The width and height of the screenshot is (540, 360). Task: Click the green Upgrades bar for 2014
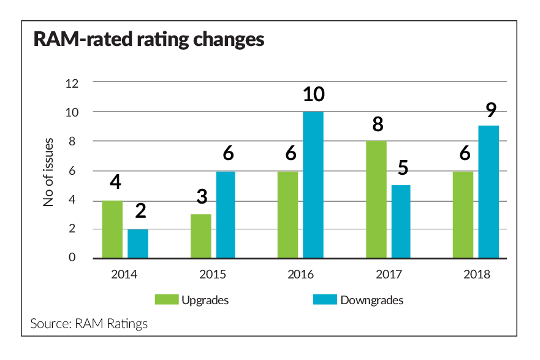[x=112, y=229]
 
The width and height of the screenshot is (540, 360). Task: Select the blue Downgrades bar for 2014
[x=138, y=243]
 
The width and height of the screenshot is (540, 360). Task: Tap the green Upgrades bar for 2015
[x=201, y=236]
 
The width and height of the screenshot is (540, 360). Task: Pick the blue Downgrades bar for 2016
[x=313, y=185]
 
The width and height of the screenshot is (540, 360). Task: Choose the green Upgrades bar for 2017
[x=376, y=199]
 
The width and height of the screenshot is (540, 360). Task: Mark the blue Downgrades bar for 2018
[x=489, y=192]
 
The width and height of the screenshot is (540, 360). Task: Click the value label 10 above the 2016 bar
[x=314, y=94]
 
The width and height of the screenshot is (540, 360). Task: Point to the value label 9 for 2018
[x=491, y=110]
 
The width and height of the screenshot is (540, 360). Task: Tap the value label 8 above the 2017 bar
[x=378, y=124]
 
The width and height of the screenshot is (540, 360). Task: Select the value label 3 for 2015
[x=202, y=196]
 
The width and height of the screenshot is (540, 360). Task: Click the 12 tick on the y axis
[x=72, y=83]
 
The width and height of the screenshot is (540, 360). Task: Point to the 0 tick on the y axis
[x=72, y=257]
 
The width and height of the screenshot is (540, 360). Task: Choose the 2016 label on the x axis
[x=301, y=274]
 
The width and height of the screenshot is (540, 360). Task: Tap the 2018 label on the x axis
[x=477, y=274]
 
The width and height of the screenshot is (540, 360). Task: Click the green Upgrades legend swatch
[x=167, y=299]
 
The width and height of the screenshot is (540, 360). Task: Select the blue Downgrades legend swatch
[x=325, y=299]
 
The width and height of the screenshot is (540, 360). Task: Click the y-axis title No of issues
[x=48, y=172]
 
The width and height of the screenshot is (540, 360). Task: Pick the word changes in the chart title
[x=229, y=39]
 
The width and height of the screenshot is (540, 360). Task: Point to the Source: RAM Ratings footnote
[x=89, y=323]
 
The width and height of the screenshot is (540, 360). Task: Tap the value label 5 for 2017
[x=403, y=168]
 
